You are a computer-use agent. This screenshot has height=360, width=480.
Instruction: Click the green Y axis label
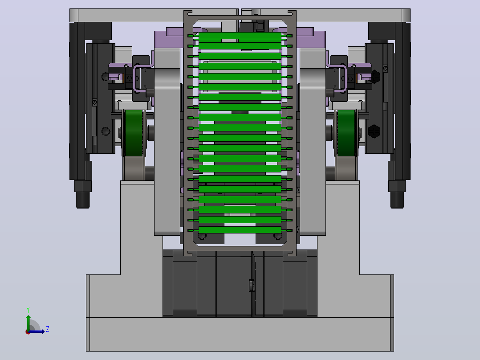pos(28,310)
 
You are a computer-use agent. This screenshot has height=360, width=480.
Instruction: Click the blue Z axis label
pos(48,329)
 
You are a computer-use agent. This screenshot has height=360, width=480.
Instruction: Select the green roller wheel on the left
pos(134,133)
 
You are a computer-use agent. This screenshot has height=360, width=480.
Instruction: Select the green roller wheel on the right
pos(346,133)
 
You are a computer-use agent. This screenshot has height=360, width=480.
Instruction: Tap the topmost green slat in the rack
pos(240,36)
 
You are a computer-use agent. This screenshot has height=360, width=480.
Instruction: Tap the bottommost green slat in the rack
pos(240,230)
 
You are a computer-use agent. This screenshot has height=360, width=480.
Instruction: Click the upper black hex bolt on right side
pos(374,77)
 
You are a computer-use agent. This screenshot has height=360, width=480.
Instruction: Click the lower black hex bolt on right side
pos(374,131)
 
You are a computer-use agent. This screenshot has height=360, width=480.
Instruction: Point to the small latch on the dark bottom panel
pos(252,286)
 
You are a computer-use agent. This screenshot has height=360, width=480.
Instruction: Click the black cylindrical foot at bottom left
pos(83,200)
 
